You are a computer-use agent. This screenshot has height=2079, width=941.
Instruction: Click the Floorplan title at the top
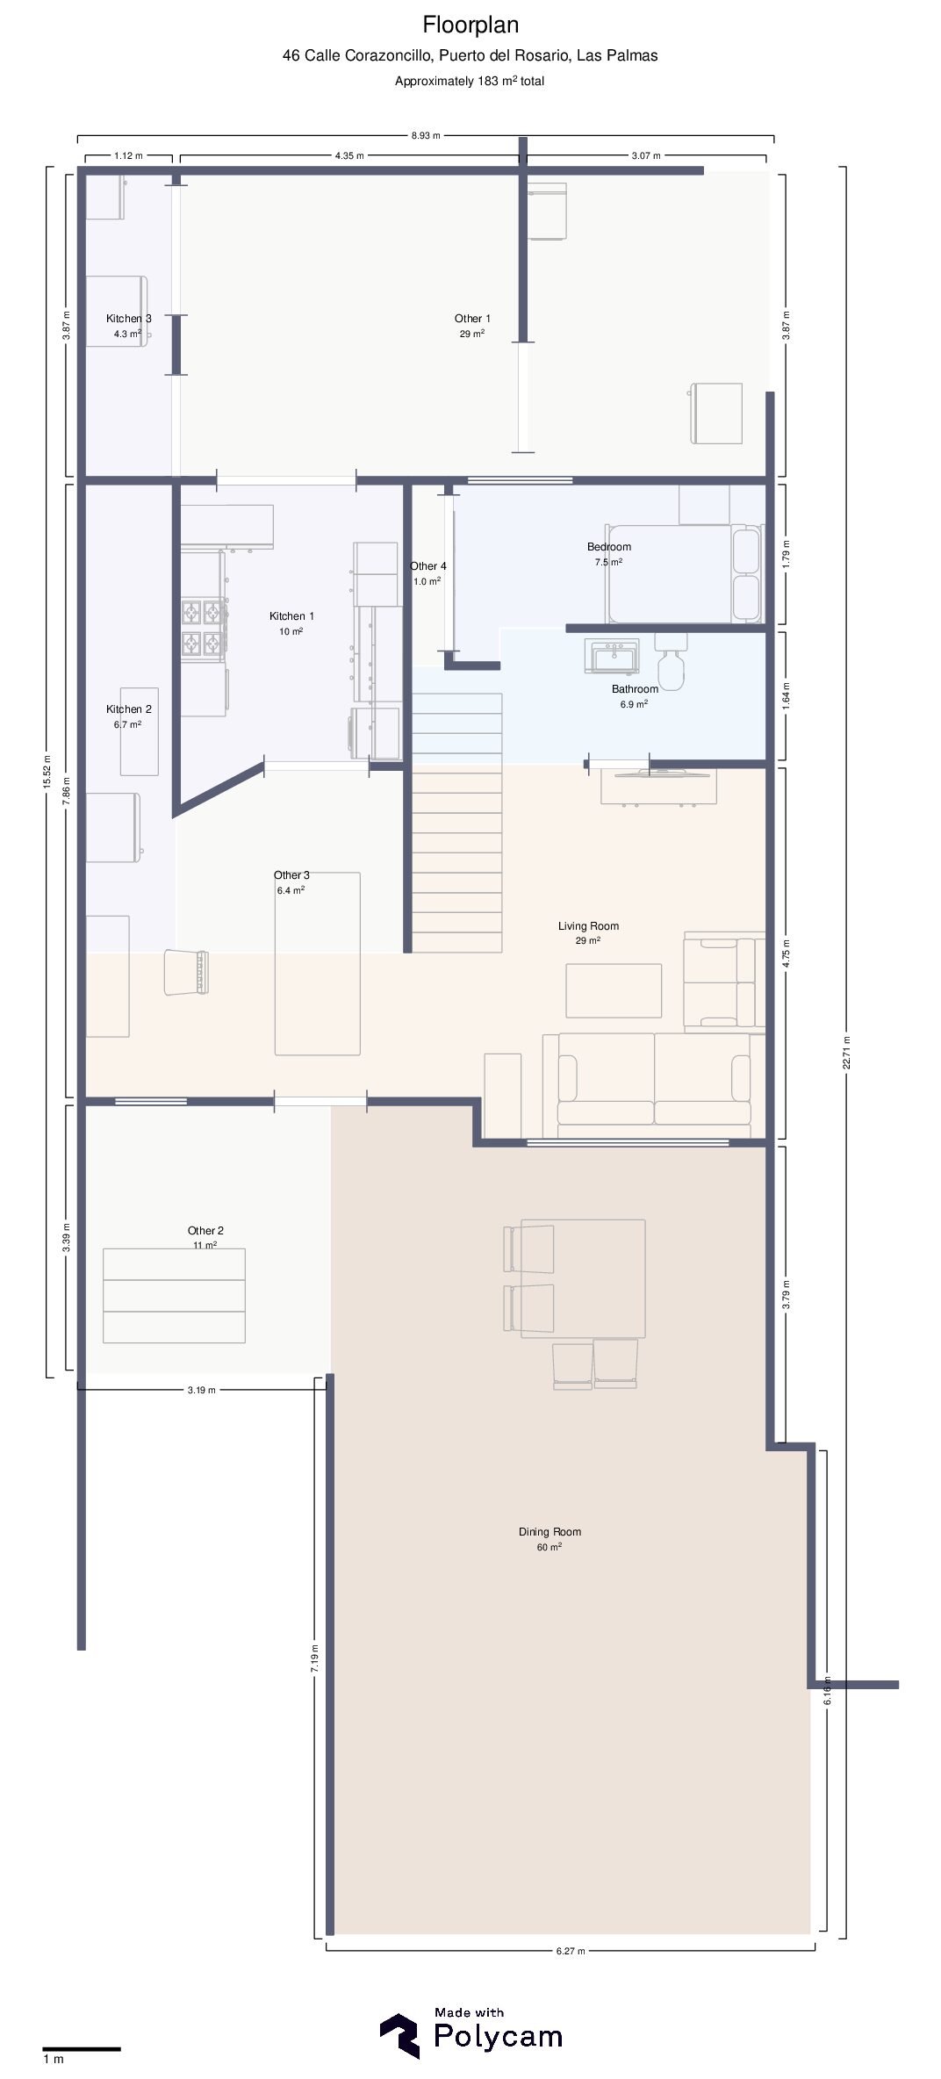click(470, 25)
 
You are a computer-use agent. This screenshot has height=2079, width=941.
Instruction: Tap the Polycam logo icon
click(399, 2035)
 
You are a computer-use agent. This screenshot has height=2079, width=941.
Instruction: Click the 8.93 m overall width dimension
click(426, 136)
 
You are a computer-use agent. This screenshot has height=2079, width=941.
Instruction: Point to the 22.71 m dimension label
click(846, 1052)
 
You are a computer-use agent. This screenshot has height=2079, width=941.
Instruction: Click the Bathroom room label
click(635, 689)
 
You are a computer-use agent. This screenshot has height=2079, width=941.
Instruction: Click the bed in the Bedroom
click(684, 573)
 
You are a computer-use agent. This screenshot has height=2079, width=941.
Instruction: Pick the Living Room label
click(588, 925)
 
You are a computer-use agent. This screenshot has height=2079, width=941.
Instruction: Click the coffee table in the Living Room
click(614, 990)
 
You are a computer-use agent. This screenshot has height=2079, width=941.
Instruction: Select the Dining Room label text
click(550, 1532)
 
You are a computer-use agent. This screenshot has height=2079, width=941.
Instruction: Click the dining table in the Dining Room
click(583, 1278)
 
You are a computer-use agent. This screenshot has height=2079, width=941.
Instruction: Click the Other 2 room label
click(205, 1231)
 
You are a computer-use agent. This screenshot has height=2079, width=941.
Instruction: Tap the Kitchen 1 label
click(291, 616)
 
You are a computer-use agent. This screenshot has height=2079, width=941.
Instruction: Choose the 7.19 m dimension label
click(314, 1658)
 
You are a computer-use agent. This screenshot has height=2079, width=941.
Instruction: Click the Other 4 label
click(428, 566)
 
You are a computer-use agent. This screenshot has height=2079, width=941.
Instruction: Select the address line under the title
click(470, 55)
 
